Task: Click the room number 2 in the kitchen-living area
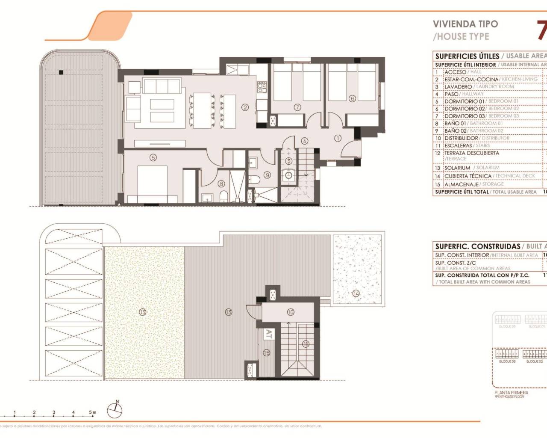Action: coord(245,107)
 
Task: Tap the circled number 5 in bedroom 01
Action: coord(153,157)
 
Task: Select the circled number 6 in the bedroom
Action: coord(352,98)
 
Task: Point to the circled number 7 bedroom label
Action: coord(297,107)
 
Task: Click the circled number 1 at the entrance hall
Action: coord(338,138)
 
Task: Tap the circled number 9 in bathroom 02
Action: coord(268,175)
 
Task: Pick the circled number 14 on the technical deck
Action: coord(356,293)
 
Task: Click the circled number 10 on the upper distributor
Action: coord(291,312)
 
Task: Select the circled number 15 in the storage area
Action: coord(267,353)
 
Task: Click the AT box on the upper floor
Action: coord(268,334)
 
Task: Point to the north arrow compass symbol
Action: coord(115,410)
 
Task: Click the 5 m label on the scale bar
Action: coord(92,412)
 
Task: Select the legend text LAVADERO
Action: coord(458,87)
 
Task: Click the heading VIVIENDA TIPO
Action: coord(465,24)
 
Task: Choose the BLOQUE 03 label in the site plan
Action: coord(507,361)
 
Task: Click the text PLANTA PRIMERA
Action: coord(511,392)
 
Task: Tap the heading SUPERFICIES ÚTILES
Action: coord(467,56)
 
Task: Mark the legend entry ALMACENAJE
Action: coord(462,184)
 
